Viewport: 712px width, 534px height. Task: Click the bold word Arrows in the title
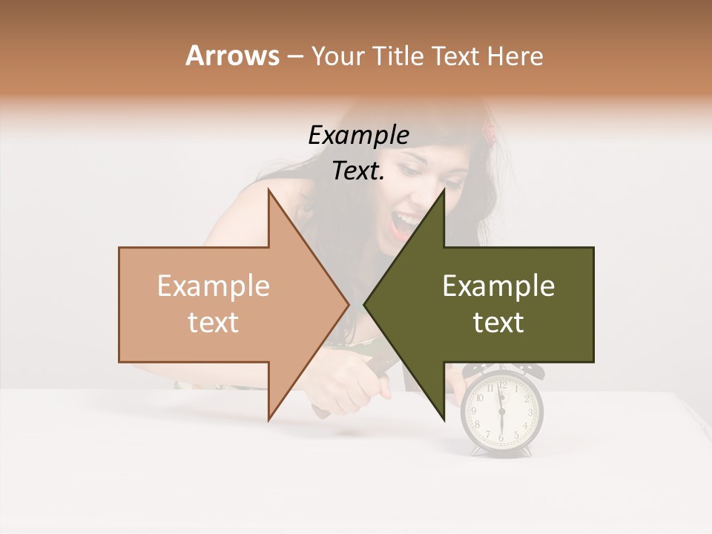click(232, 56)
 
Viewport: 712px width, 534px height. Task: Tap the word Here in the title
click(515, 56)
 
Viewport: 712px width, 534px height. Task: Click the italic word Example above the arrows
click(358, 135)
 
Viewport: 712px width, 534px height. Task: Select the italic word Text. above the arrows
click(358, 171)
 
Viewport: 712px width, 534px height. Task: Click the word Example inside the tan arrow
click(214, 286)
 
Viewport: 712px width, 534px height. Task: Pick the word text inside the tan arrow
click(214, 323)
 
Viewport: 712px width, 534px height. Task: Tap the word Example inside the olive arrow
click(498, 286)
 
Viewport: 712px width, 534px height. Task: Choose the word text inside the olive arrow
click(498, 323)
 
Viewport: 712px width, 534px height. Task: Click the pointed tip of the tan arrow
click(348, 305)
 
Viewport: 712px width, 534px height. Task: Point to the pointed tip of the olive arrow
click(365, 305)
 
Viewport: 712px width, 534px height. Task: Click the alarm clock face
click(502, 412)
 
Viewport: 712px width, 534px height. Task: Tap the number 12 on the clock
click(502, 385)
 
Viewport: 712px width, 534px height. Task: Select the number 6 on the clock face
click(501, 438)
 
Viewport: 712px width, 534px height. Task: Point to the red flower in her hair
click(489, 131)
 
